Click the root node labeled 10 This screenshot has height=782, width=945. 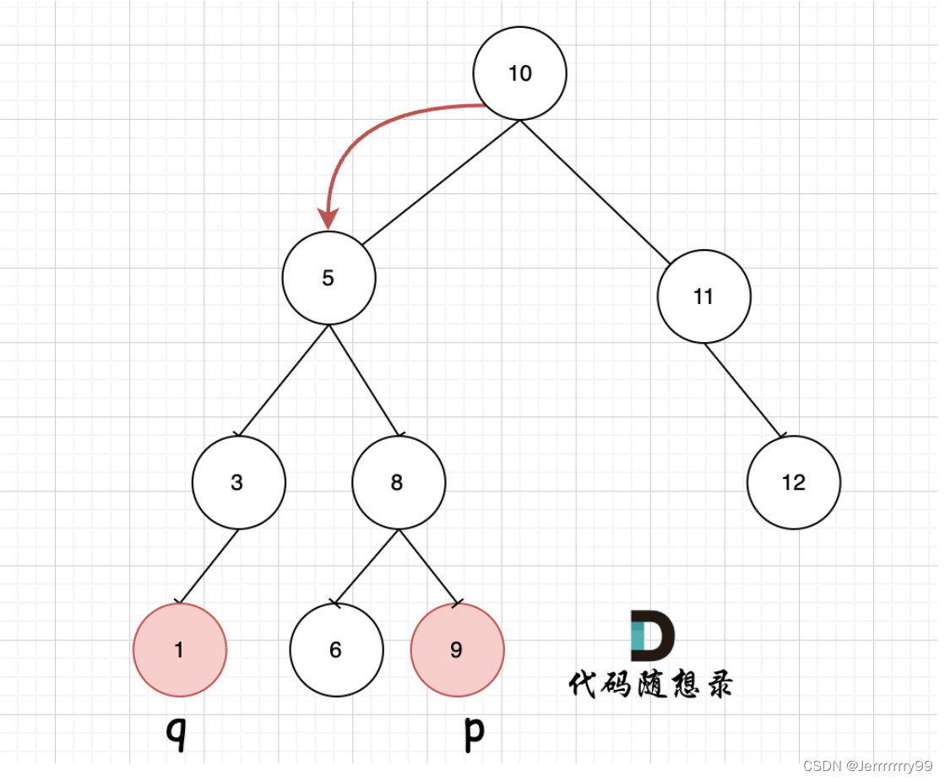(519, 73)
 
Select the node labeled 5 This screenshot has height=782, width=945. (328, 278)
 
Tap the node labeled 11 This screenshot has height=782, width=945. (703, 296)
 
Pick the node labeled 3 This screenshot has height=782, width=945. (238, 482)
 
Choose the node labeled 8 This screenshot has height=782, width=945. (398, 482)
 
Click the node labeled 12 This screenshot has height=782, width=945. (793, 482)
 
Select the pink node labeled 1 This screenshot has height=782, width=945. (179, 649)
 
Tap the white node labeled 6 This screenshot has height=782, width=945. (336, 649)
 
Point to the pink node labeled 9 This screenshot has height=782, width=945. (457, 649)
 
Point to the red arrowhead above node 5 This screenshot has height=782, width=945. (329, 219)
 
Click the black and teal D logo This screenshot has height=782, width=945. (652, 636)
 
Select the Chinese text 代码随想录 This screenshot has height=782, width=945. (650, 683)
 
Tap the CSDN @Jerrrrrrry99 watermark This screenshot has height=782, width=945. (867, 766)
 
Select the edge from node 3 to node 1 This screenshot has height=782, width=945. (209, 566)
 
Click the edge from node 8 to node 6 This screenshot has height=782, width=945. (367, 566)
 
